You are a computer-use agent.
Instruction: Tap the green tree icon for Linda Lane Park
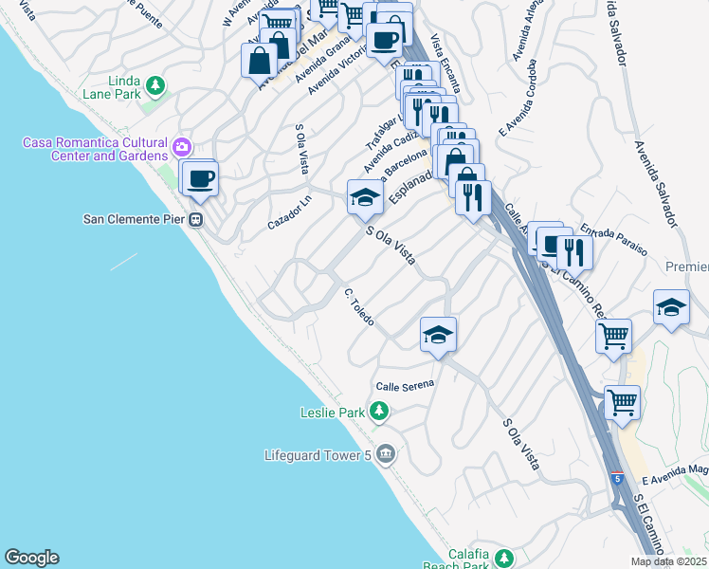pyautogui.click(x=155, y=85)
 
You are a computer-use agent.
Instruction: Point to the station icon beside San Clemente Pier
pyautogui.click(x=196, y=219)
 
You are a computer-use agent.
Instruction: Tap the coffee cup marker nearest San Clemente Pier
pyautogui.click(x=200, y=178)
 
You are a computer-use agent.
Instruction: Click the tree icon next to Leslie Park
pyautogui.click(x=379, y=411)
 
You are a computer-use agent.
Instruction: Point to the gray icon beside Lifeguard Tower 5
pyautogui.click(x=384, y=454)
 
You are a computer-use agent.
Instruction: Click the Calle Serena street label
pyautogui.click(x=404, y=385)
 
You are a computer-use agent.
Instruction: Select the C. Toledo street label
pyautogui.click(x=359, y=307)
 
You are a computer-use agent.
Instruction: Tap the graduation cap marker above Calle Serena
pyautogui.click(x=438, y=335)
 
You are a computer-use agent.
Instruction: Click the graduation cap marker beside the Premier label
pyautogui.click(x=671, y=308)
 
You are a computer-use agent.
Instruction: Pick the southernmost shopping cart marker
pyautogui.click(x=622, y=403)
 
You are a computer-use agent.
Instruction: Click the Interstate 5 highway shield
pyautogui.click(x=617, y=478)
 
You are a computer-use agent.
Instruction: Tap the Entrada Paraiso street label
pyautogui.click(x=613, y=239)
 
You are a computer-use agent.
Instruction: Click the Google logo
pyautogui.click(x=31, y=558)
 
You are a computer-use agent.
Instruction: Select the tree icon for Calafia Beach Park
pyautogui.click(x=504, y=557)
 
